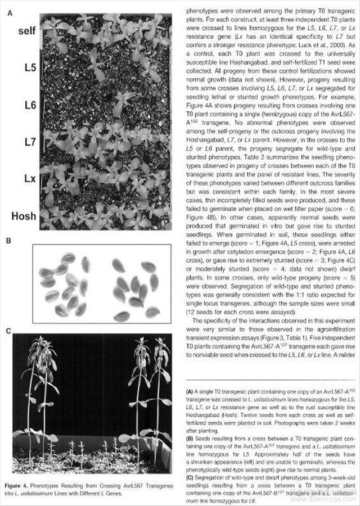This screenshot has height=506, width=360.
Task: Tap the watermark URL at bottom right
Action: click(334, 498)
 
